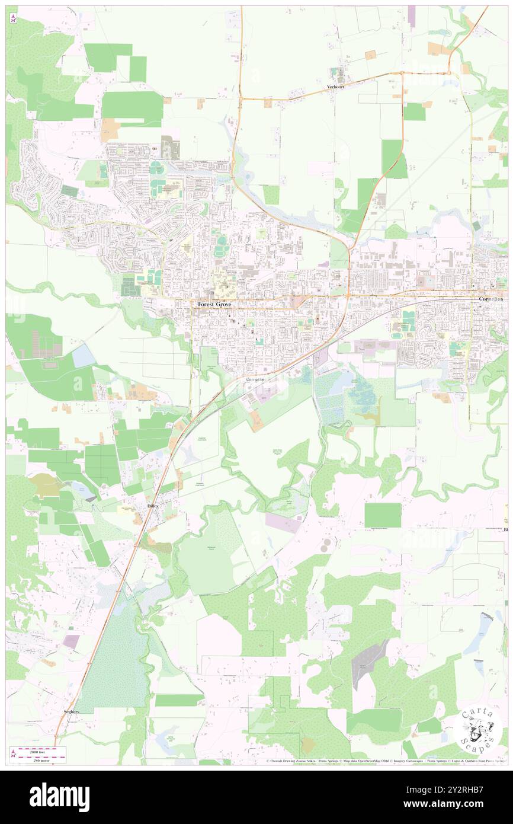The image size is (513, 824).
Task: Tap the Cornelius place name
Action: click(491, 299)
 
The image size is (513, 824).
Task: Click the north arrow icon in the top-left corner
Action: click(13, 18)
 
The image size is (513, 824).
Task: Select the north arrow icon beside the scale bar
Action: click(13, 753)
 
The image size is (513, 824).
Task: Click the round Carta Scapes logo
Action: click(479, 729)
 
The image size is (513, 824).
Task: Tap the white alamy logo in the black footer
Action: click(59, 797)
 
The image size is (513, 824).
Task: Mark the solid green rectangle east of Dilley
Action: click(383, 515)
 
